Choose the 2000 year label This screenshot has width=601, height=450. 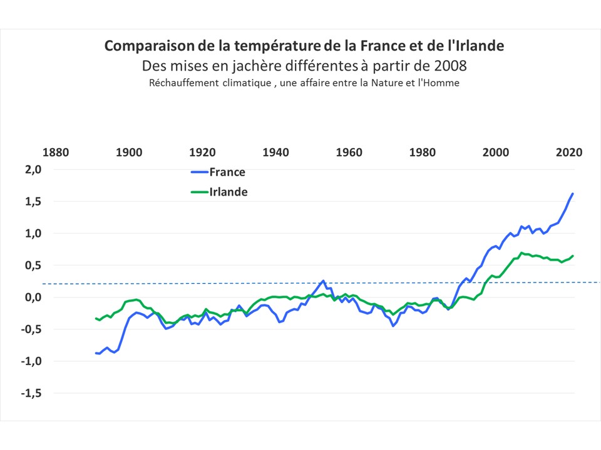(x=496, y=152)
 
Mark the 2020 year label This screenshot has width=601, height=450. (x=569, y=152)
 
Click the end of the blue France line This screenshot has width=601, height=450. (x=573, y=194)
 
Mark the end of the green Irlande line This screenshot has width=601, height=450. (x=573, y=256)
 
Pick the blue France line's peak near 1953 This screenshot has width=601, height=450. (x=323, y=281)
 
